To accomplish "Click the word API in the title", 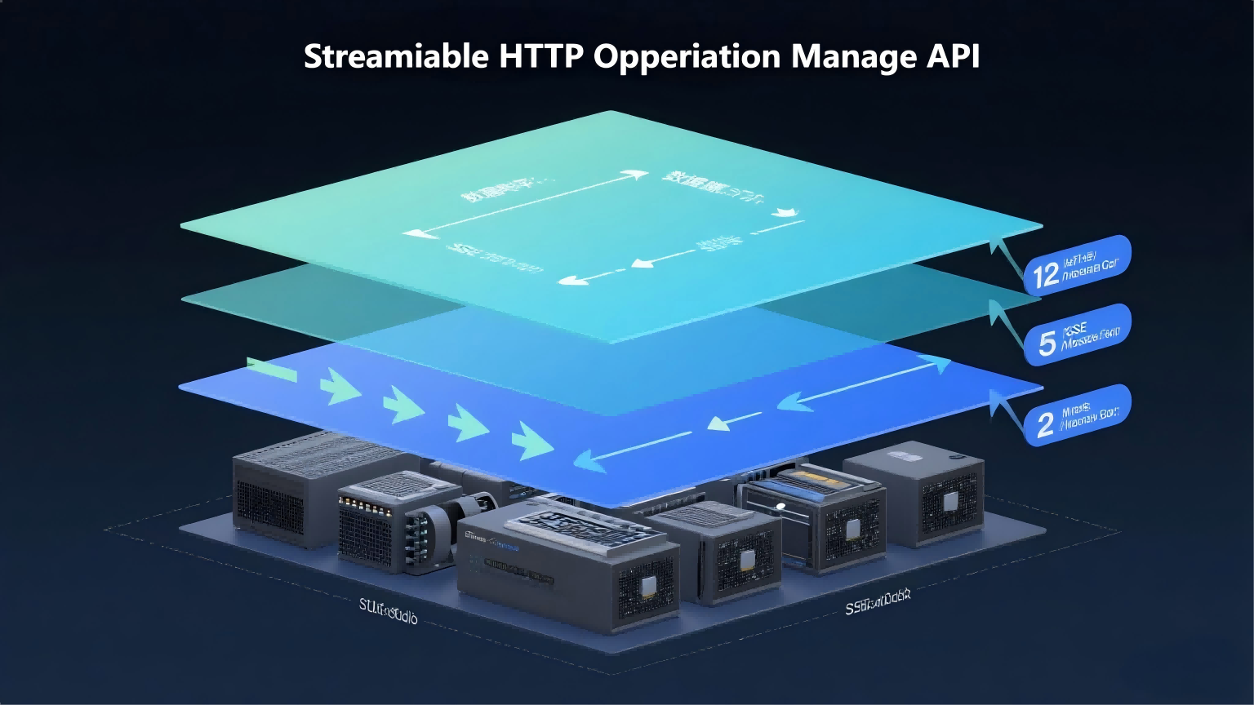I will (x=953, y=57).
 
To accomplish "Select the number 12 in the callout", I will (x=1046, y=276).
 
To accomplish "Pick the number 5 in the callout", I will (x=1047, y=344).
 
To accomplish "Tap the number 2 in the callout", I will (x=1045, y=424).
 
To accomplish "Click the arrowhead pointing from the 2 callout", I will (x=997, y=397).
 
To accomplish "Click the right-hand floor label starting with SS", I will (x=878, y=604).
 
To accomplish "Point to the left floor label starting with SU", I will (x=389, y=611).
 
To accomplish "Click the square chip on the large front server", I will (x=650, y=586).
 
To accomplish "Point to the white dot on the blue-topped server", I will (x=780, y=506).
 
